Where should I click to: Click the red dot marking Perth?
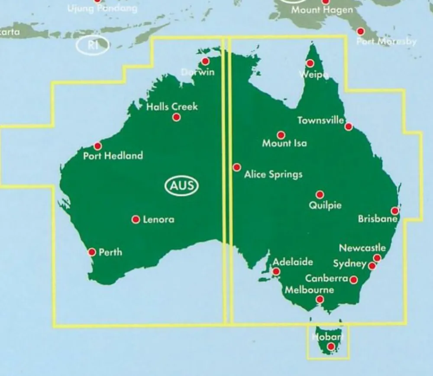[92, 252]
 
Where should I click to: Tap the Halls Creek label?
[172, 107]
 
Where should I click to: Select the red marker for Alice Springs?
[237, 167]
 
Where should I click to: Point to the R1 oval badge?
[93, 45]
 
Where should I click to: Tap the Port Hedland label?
[113, 156]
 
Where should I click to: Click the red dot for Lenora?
[136, 220]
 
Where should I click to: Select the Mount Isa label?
[284, 143]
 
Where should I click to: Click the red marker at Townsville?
[349, 126]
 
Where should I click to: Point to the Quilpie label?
[325, 205]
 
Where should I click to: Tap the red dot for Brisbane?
[394, 211]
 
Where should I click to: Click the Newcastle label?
[362, 248]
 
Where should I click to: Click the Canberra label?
[327, 278]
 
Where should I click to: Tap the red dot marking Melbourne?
[320, 299]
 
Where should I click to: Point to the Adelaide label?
[293, 262]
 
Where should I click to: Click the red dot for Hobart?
[331, 346]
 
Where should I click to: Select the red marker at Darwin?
[205, 62]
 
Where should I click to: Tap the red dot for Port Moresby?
[360, 31]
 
